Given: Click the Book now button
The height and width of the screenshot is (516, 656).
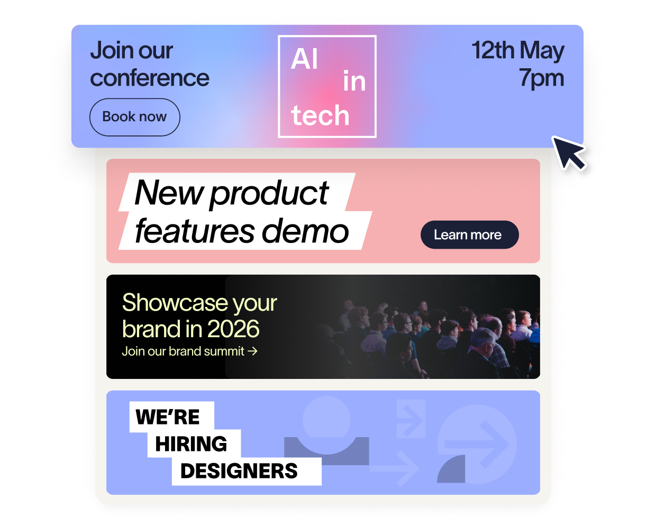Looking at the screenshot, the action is (x=135, y=117).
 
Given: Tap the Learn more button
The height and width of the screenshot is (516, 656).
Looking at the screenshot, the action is (x=469, y=234).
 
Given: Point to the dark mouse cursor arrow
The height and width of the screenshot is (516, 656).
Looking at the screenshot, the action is (x=569, y=153).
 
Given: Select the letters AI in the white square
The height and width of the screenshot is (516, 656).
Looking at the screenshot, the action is (x=304, y=59).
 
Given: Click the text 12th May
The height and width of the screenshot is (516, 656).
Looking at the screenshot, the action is (x=518, y=51).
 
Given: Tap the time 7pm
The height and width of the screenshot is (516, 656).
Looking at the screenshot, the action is (x=541, y=78).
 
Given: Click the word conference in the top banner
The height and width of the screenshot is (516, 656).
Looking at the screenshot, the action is (x=150, y=78).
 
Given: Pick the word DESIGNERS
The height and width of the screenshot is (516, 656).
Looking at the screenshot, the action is (x=239, y=471).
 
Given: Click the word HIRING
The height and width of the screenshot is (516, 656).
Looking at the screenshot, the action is (x=191, y=443).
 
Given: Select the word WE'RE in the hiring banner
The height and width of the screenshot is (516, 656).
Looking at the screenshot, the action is (x=168, y=417).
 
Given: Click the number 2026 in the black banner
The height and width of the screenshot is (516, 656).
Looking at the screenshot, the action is (x=233, y=329).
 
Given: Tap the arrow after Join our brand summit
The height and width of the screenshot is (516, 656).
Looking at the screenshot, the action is (x=252, y=351).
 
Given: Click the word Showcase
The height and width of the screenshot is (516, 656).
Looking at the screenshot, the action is (x=175, y=303).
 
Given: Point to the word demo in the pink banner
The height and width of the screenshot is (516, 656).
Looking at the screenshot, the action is (x=305, y=231).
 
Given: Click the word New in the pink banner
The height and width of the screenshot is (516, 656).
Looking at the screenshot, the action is (x=169, y=193).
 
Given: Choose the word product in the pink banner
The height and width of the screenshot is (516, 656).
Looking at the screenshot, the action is (x=269, y=195).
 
